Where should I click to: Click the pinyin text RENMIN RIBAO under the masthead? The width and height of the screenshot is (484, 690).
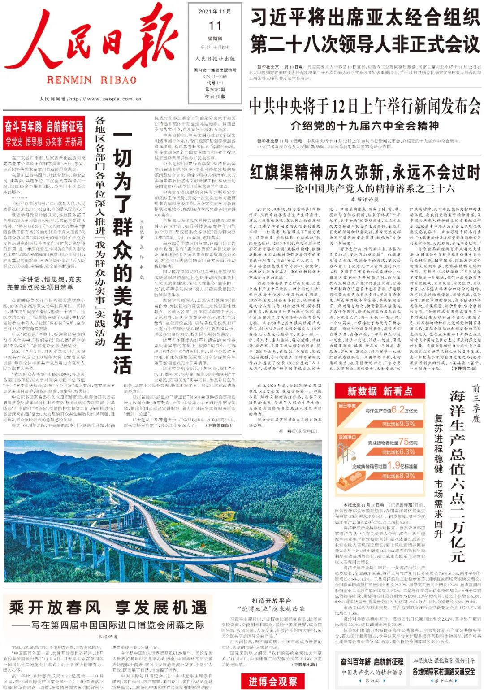click(x=91, y=80)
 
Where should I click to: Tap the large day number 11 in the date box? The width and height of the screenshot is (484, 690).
click(x=215, y=26)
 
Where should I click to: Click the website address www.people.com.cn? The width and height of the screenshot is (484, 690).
click(x=90, y=99)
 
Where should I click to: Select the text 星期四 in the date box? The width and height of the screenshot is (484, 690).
click(x=215, y=39)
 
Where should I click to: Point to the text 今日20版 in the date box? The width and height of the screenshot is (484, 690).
click(x=215, y=96)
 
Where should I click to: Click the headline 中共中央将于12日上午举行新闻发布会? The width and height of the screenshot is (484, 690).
click(x=364, y=106)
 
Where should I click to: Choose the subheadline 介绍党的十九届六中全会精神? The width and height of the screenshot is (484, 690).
click(x=364, y=126)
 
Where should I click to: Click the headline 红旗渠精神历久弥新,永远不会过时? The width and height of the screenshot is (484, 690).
click(x=364, y=172)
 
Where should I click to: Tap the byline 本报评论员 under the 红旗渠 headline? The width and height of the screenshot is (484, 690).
click(x=364, y=199)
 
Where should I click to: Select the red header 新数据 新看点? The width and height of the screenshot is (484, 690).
click(x=380, y=391)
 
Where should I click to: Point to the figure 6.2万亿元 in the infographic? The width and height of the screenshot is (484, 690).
click(x=404, y=409)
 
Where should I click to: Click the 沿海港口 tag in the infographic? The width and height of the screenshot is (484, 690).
click(x=347, y=437)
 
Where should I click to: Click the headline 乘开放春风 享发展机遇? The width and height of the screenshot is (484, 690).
click(x=108, y=608)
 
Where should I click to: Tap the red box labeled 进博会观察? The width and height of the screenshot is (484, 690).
click(x=272, y=681)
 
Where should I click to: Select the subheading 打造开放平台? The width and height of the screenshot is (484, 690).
click(x=271, y=601)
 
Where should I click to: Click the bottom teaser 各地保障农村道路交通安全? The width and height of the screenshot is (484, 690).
click(x=443, y=671)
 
